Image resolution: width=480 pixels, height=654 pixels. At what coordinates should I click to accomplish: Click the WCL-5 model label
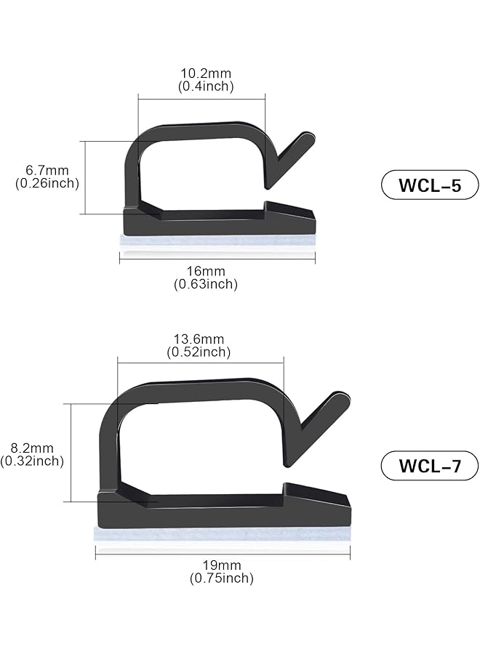(x=429, y=185)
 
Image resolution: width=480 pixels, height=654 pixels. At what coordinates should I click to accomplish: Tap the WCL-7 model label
(x=429, y=465)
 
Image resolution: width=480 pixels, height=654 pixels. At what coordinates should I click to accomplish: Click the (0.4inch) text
(x=206, y=86)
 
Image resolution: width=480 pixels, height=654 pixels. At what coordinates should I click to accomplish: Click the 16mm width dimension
(x=206, y=271)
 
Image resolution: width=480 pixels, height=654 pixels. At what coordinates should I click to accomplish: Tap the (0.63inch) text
(x=206, y=284)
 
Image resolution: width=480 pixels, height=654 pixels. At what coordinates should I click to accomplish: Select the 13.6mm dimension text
(x=199, y=339)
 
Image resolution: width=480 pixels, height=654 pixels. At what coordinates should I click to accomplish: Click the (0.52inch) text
(x=199, y=352)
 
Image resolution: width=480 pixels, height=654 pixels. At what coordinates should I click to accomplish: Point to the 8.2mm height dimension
(x=33, y=447)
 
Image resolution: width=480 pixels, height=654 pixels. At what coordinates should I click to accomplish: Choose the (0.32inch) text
(x=33, y=461)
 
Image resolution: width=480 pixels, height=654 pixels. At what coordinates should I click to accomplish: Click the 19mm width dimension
(x=222, y=565)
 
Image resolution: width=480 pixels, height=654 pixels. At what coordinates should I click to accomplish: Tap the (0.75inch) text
(x=222, y=578)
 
